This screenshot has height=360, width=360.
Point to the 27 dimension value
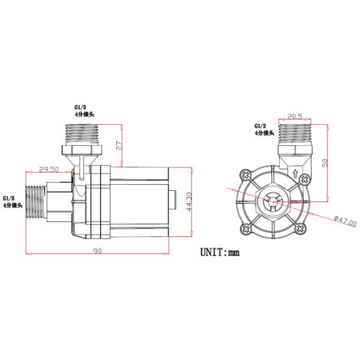(x=119, y=146)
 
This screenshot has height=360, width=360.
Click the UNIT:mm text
(x=220, y=252)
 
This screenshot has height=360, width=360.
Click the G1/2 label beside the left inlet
(x=10, y=197)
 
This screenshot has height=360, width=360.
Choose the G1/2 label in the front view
(x=261, y=126)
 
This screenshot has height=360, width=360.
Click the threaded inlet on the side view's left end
(x=38, y=203)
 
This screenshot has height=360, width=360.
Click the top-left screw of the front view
(x=245, y=175)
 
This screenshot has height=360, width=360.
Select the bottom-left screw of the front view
(x=245, y=229)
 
